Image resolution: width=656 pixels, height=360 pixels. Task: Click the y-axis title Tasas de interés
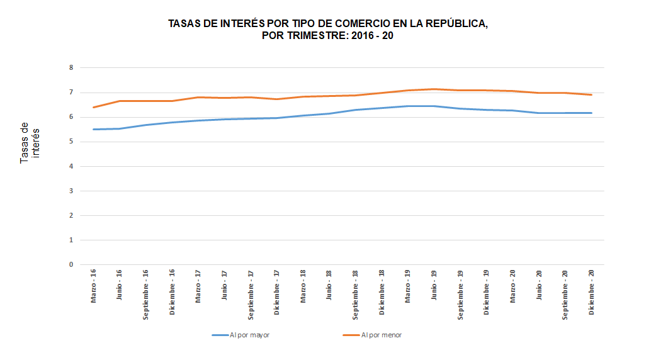point(29,143)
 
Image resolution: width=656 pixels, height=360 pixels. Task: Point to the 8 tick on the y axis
point(71,68)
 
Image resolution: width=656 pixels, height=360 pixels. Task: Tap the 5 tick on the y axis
point(71,142)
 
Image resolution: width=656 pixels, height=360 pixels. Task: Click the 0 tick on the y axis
point(71,265)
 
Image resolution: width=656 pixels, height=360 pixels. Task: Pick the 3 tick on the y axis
point(71,191)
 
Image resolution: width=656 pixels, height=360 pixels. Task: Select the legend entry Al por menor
point(382,335)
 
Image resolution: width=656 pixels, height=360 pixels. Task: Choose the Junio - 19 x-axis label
point(434,285)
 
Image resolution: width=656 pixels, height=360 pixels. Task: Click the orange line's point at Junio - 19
point(434,89)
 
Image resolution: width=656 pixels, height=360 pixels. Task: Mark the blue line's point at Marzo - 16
point(93,129)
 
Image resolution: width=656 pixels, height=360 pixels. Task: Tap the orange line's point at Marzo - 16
point(93,107)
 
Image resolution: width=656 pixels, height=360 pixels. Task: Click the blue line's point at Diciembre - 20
point(592,113)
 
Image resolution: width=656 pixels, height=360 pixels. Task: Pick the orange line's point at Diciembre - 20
point(592,95)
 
